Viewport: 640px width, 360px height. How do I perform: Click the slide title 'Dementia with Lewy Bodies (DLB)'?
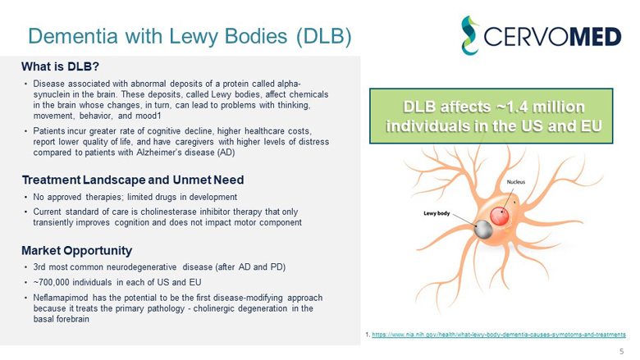[190, 35]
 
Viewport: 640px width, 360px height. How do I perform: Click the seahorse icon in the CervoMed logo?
[473, 34]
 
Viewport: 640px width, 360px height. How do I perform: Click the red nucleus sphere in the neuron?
[501, 218]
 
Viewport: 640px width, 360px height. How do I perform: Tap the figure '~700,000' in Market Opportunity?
[53, 282]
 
